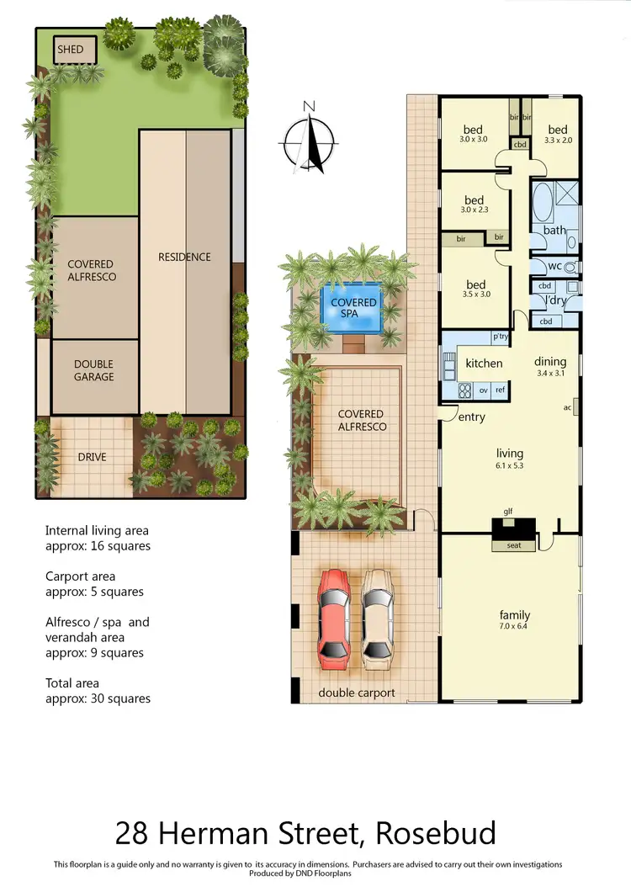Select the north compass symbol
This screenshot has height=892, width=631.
point(310,136)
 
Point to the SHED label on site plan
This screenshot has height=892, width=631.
point(71,50)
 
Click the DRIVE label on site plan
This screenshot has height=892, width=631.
point(93,457)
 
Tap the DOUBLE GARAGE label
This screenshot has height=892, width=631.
point(93,371)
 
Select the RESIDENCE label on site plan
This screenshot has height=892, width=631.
point(184,257)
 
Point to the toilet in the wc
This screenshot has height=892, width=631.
point(570,268)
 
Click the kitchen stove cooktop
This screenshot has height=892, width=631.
point(465,390)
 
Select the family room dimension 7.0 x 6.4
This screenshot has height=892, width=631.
point(512,625)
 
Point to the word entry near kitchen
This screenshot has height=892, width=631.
point(471,417)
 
